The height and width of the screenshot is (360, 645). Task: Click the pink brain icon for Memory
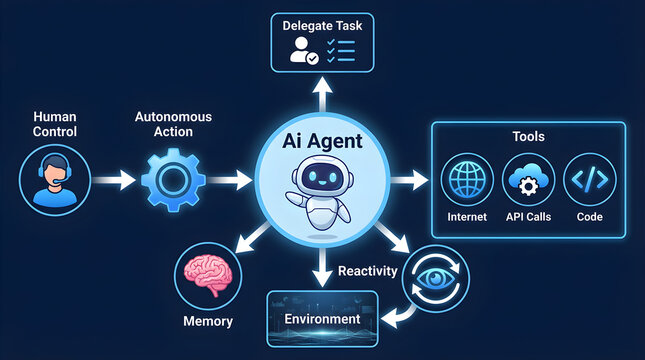pyautogui.click(x=208, y=275)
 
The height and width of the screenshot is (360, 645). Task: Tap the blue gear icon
pyautogui.click(x=173, y=180)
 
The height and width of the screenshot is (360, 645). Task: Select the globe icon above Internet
pyautogui.click(x=467, y=181)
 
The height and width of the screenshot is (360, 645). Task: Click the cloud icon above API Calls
pyautogui.click(x=527, y=181)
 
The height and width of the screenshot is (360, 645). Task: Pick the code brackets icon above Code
pyautogui.click(x=590, y=181)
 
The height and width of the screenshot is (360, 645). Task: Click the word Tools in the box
pyautogui.click(x=527, y=135)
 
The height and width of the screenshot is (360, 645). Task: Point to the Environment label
pyautogui.click(x=321, y=319)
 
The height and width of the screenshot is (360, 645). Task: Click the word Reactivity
pyautogui.click(x=367, y=271)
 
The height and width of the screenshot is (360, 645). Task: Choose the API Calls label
pyautogui.click(x=527, y=215)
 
